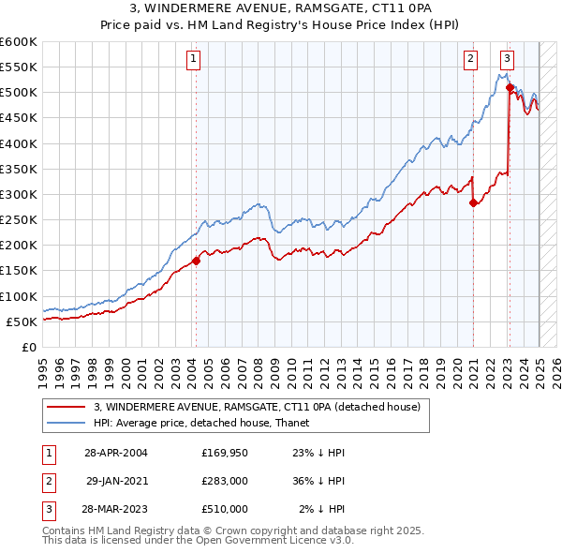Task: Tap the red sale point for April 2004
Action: [x=196, y=261]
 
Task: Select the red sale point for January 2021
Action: [x=473, y=203]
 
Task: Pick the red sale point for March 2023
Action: [x=510, y=88]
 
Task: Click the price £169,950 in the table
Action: [x=225, y=452]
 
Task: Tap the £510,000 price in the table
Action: [x=225, y=509]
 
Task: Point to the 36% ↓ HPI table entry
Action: [x=319, y=481]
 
